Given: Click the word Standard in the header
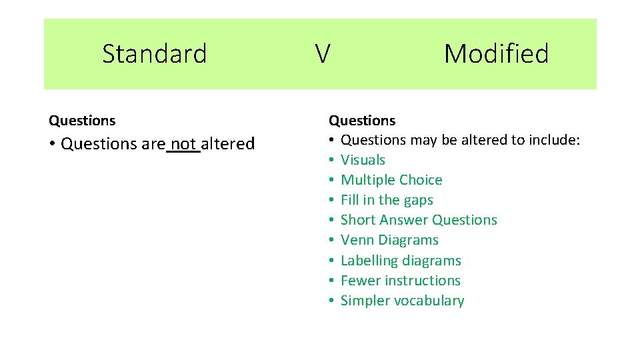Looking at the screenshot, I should click(154, 53).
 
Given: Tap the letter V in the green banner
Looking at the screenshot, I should click(322, 54).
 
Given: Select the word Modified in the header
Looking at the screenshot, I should click(496, 53).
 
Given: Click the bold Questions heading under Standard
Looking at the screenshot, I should click(82, 121).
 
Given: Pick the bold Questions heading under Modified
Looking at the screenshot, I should click(362, 121).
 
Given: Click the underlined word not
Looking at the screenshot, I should click(183, 144).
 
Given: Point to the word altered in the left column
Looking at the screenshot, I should click(227, 144).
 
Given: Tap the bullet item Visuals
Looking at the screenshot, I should click(363, 160).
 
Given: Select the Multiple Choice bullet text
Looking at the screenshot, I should click(391, 180).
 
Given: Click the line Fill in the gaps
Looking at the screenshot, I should click(387, 200).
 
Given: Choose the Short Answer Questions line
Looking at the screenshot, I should click(419, 220).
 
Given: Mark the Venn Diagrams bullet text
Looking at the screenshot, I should click(389, 240).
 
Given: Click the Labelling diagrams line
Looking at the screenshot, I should click(401, 261).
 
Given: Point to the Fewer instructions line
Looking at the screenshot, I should click(400, 281).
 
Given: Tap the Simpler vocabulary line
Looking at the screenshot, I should click(402, 301).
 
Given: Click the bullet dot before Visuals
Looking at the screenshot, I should click(331, 161).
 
